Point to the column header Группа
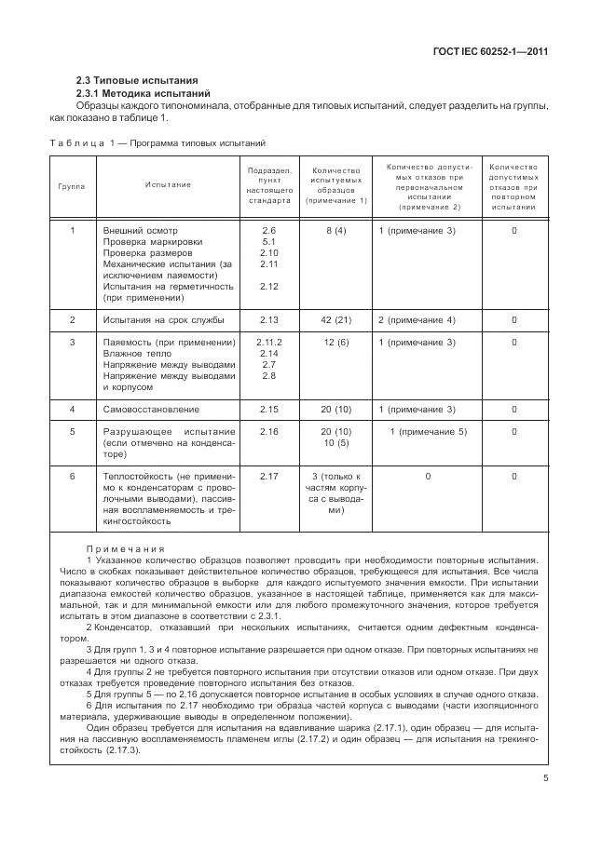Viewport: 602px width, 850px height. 72,185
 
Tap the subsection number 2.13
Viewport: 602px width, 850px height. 269,320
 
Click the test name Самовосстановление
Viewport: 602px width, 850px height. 151,409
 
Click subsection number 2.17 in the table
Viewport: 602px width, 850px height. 269,477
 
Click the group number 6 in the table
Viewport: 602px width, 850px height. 72,477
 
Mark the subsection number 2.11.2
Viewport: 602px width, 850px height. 269,343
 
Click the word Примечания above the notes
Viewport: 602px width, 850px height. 125,549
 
